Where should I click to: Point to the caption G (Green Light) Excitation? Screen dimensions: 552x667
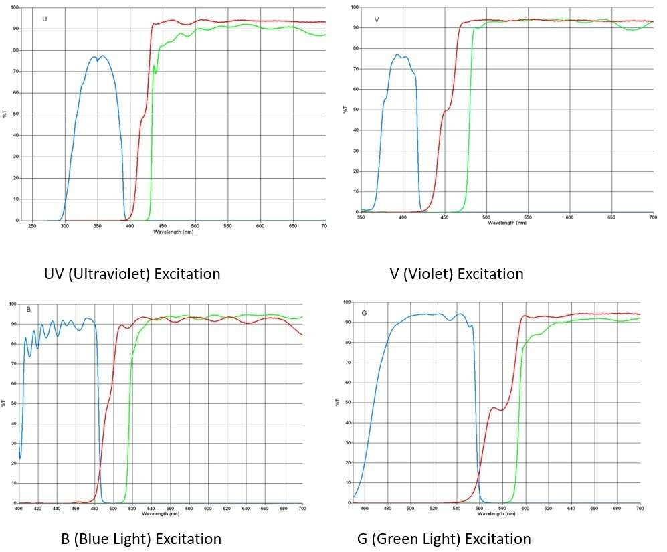[x=444, y=539]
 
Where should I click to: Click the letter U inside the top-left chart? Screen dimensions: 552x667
[x=45, y=19]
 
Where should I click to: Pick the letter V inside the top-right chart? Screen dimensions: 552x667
[x=377, y=19]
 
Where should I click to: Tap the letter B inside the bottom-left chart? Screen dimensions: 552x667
[x=29, y=310]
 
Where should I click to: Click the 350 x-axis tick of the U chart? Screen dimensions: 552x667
[x=97, y=226]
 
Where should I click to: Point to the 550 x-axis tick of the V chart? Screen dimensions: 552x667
[x=528, y=218]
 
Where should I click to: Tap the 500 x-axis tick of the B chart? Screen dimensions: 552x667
[x=113, y=509]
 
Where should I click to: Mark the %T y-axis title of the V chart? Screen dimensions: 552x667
[x=345, y=109]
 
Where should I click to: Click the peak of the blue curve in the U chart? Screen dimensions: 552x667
[x=102, y=56]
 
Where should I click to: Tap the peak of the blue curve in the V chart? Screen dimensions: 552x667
[x=397, y=54]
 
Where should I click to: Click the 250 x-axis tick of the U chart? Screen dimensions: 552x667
[x=32, y=226]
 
